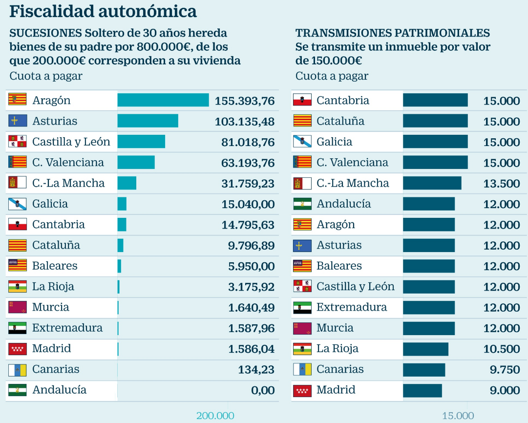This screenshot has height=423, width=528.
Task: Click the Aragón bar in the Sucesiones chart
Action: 163,100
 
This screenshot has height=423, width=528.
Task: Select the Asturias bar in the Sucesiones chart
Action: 148,121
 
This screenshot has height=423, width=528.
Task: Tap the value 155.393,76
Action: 245,101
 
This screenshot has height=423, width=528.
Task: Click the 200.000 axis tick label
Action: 215,416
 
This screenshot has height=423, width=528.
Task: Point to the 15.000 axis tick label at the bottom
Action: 458,416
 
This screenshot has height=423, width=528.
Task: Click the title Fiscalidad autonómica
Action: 103,11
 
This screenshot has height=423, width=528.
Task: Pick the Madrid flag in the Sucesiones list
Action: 17,349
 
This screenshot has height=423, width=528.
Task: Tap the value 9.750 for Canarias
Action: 505,370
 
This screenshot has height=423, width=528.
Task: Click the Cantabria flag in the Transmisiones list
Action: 302,100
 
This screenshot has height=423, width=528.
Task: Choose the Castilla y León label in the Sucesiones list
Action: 71,142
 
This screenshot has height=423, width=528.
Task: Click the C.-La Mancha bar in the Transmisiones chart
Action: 432,183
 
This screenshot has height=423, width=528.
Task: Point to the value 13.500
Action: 502,184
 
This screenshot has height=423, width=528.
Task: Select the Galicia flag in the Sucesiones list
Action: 17,204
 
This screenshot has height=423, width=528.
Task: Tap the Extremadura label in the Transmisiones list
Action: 352,307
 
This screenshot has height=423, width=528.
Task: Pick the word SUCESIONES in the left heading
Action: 45,33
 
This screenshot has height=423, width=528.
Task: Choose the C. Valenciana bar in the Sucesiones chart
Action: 136,162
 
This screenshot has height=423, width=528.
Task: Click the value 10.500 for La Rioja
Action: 502,349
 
